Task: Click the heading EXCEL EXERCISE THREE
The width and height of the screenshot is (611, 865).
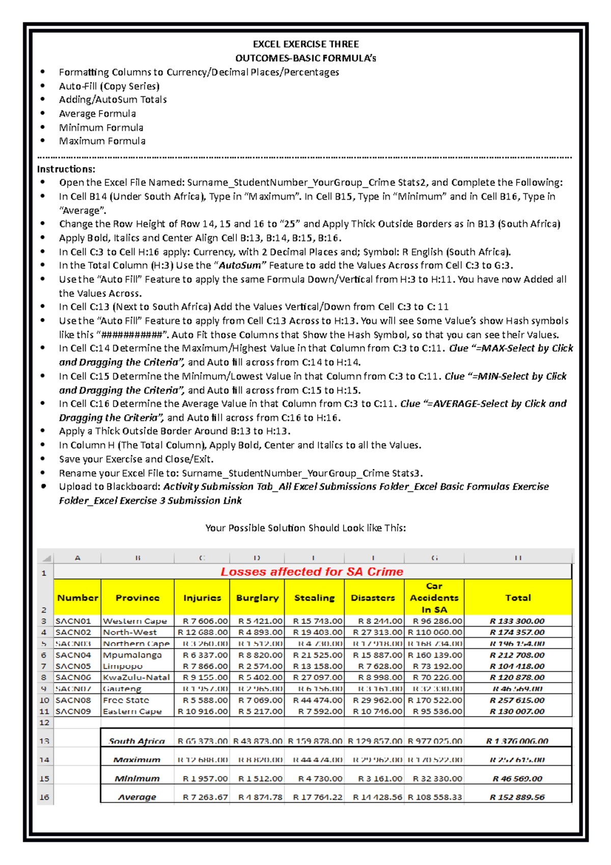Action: click(x=305, y=44)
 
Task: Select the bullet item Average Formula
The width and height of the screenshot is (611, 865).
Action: click(x=97, y=114)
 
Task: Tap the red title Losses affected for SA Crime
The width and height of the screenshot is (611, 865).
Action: click(x=312, y=572)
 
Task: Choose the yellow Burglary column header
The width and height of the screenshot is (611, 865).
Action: click(x=257, y=598)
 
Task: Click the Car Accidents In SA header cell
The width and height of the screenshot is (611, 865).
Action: click(x=434, y=598)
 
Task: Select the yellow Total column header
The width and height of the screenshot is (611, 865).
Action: click(x=518, y=598)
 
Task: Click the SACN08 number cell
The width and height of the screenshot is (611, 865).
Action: click(x=73, y=700)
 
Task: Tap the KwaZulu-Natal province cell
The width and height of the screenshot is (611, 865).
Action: click(x=136, y=678)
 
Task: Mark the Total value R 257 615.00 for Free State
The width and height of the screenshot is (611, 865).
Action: click(x=517, y=700)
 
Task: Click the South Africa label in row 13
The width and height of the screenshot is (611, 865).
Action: click(x=136, y=741)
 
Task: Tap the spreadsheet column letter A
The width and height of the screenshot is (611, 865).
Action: click(x=77, y=558)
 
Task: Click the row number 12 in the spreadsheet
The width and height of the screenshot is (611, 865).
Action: click(x=44, y=722)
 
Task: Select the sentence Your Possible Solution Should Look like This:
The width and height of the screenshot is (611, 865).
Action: click(x=305, y=528)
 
